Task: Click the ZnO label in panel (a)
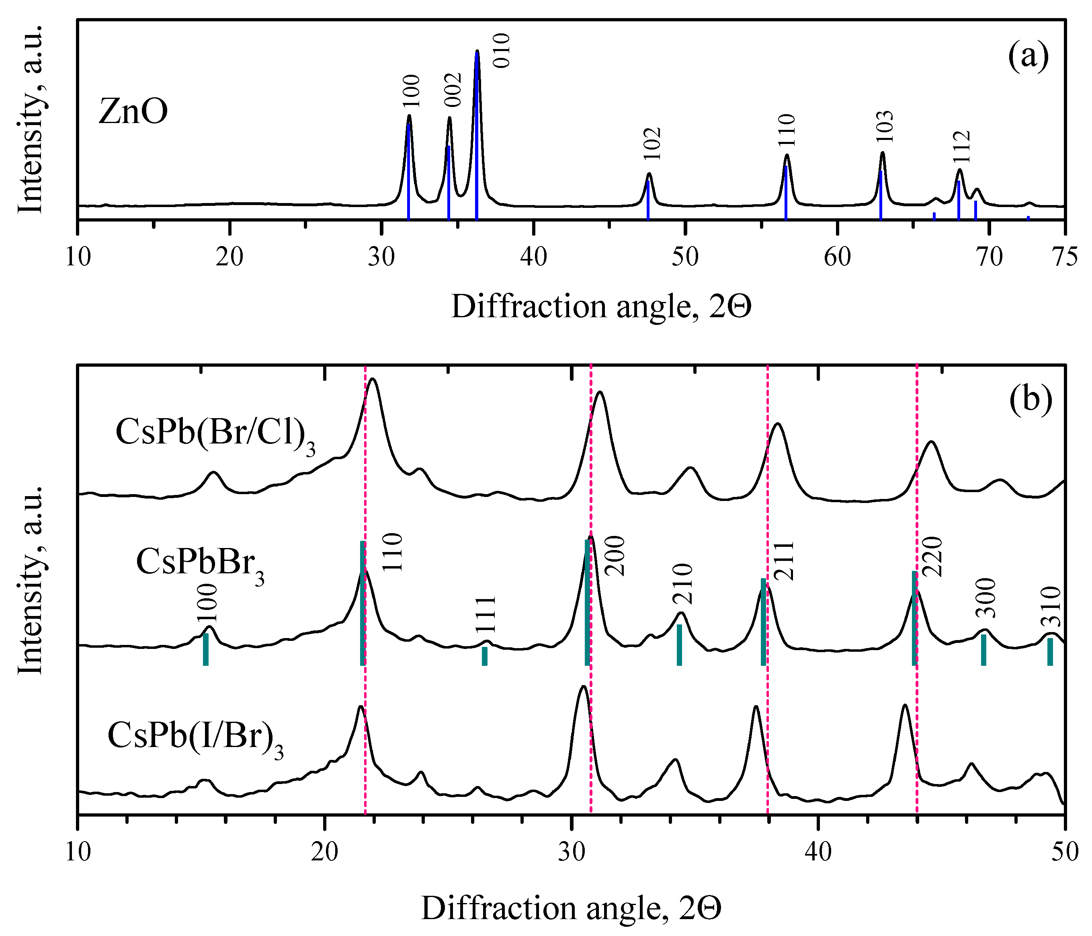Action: click(133, 112)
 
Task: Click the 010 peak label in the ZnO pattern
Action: click(501, 51)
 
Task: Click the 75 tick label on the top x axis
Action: click(1065, 259)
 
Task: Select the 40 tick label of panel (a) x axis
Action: click(533, 259)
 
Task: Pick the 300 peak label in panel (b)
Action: click(985, 598)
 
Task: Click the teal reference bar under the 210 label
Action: click(679, 645)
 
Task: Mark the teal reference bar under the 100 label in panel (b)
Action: click(205, 649)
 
